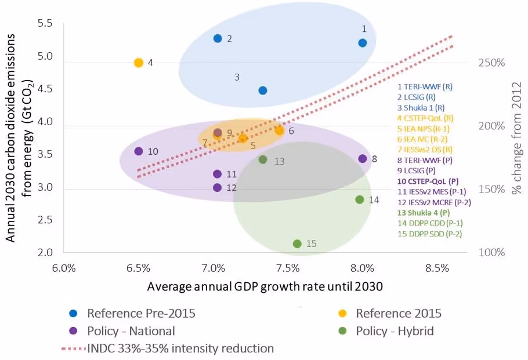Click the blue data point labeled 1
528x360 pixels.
(x=363, y=43)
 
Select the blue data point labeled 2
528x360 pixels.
(x=218, y=38)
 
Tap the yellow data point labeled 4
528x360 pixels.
(x=138, y=63)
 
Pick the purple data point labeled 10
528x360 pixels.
(x=139, y=151)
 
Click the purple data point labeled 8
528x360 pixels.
(x=363, y=159)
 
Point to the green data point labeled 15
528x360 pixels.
(x=297, y=243)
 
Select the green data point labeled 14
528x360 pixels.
(x=359, y=199)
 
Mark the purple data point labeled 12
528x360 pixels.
(x=218, y=187)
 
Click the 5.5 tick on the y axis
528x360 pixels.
(x=45, y=24)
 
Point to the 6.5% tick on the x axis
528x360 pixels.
(x=138, y=268)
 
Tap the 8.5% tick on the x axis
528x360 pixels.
(x=437, y=268)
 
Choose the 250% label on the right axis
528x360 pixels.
(x=491, y=63)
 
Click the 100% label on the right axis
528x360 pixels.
(x=491, y=253)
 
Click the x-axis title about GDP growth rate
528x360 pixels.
(x=265, y=286)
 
